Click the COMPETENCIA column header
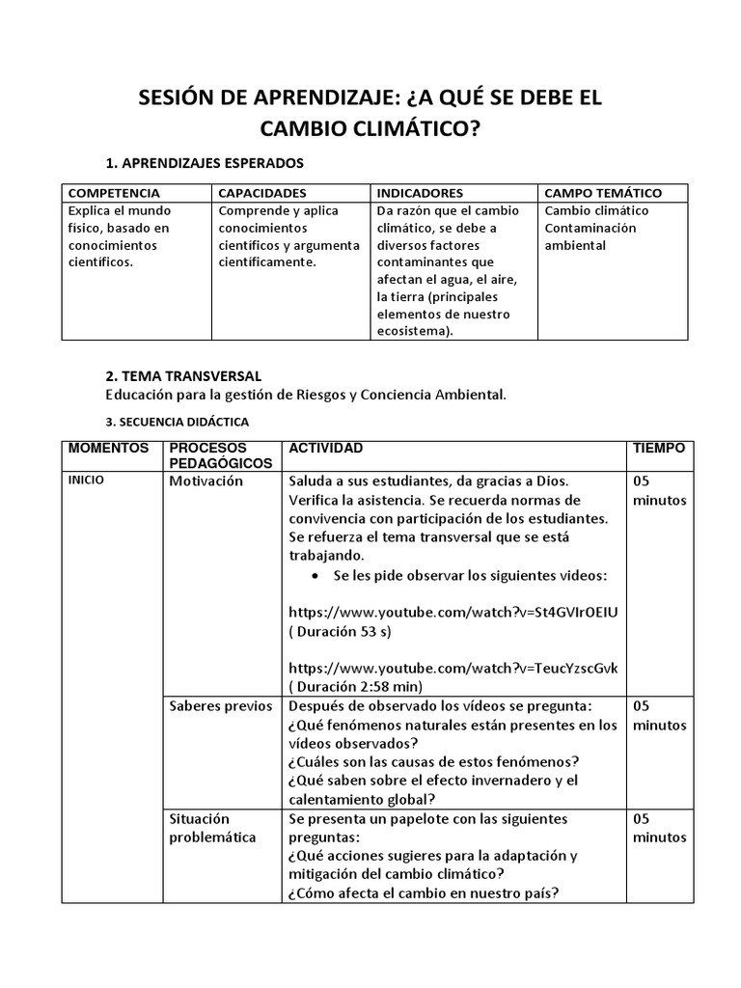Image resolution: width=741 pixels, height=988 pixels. click(x=115, y=193)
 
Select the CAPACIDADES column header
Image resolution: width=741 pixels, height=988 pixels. click(x=262, y=193)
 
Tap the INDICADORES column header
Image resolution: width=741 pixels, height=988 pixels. click(x=420, y=193)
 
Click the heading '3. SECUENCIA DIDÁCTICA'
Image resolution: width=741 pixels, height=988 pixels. click(x=177, y=422)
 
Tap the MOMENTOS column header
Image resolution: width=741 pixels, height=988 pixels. click(x=108, y=449)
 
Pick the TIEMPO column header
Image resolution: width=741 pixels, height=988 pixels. click(x=659, y=449)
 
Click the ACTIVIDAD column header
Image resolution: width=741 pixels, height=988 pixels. click(x=326, y=449)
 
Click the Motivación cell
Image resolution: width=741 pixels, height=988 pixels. click(x=206, y=481)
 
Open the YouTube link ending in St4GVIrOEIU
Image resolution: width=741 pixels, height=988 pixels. click(x=453, y=612)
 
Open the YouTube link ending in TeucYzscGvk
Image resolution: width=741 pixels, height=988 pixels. click(x=453, y=668)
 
